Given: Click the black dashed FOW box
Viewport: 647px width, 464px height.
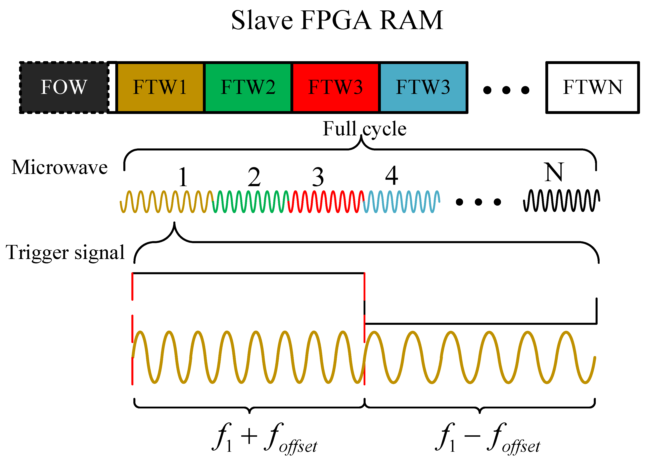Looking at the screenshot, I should (x=64, y=87).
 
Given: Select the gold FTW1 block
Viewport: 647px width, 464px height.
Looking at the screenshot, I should (x=160, y=87).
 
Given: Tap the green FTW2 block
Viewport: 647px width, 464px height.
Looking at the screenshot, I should (x=248, y=87).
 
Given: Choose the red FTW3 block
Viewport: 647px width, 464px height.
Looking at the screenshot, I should (x=335, y=87).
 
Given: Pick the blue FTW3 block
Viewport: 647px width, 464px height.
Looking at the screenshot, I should (x=423, y=87).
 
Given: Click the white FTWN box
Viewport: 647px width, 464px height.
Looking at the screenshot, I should (x=593, y=87).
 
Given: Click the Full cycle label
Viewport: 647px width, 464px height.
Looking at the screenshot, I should (x=364, y=129).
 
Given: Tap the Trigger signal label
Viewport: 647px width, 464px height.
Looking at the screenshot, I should (x=65, y=252).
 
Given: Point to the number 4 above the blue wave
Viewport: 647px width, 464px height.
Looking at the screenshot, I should (x=392, y=176).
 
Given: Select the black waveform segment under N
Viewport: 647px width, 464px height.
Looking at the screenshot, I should (x=561, y=201).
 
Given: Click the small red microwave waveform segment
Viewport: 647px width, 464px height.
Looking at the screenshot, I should (x=326, y=201).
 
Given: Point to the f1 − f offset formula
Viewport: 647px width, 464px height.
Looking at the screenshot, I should (x=487, y=438).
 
